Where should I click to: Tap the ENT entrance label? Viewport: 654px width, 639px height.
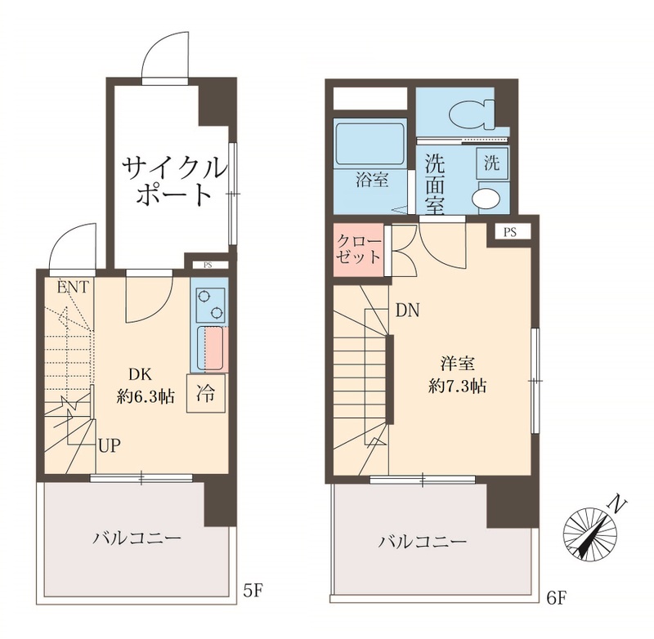(x=74, y=287)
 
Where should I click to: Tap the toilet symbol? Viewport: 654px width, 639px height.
(x=473, y=113)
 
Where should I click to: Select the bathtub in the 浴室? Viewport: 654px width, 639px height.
(x=371, y=145)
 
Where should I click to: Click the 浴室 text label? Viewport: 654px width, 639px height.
(x=372, y=181)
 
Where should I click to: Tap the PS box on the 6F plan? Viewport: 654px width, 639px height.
(x=510, y=232)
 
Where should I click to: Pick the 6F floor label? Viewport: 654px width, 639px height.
(x=556, y=597)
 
